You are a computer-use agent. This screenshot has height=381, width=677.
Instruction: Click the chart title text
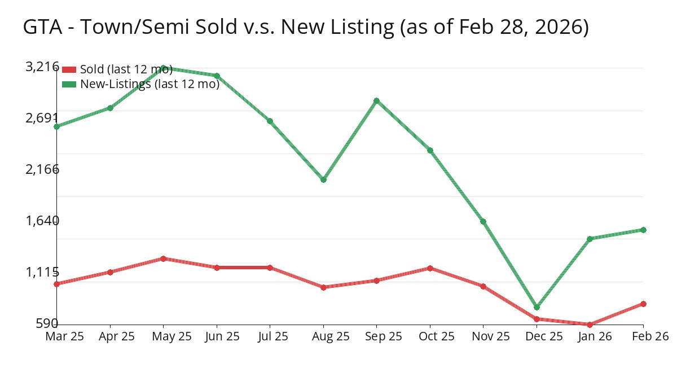tap(306, 27)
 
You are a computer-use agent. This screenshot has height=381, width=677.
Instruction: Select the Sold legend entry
tap(126, 69)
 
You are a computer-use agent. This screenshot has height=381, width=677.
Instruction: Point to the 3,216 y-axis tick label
tap(42, 67)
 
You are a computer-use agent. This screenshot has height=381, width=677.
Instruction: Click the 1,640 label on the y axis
tap(42, 220)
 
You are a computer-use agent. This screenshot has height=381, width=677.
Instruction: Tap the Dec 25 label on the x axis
tap(537, 336)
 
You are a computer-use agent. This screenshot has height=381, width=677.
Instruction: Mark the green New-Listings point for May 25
tap(163, 68)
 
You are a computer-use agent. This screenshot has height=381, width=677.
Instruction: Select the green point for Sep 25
tap(376, 101)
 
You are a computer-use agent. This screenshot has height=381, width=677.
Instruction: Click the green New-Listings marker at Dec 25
tap(537, 307)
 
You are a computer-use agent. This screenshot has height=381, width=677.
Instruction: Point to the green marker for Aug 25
tap(323, 179)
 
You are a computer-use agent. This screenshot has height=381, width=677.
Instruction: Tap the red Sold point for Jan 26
tap(590, 325)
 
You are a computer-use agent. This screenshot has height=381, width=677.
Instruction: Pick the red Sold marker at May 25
tap(163, 259)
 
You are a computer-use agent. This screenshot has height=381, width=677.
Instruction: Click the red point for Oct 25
tap(430, 268)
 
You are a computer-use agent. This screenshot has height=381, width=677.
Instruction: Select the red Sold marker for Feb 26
tap(643, 304)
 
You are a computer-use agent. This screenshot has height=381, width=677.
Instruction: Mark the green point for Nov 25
tap(483, 221)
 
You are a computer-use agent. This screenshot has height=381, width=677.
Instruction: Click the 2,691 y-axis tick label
tap(42, 118)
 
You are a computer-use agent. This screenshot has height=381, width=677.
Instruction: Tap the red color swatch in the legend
tap(69, 69)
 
